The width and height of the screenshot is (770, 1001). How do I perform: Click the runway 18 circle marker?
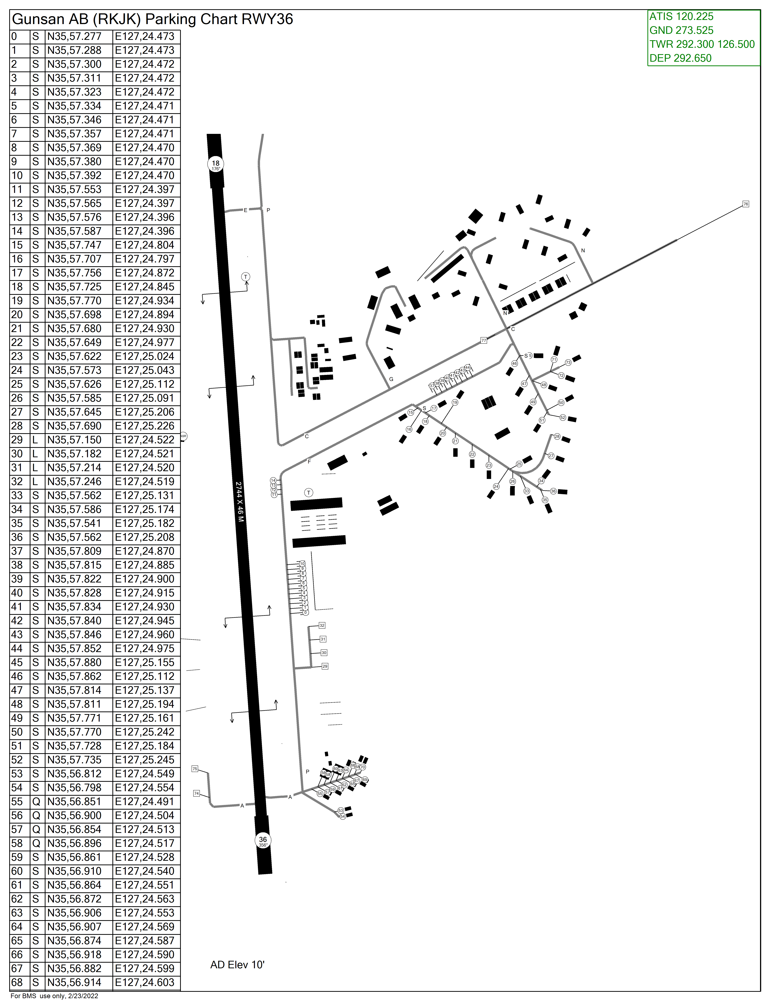(x=215, y=164)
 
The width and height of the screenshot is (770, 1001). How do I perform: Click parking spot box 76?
(x=746, y=204)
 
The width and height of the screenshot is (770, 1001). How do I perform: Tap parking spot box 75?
(x=195, y=769)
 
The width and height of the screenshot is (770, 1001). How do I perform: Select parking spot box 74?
(x=197, y=793)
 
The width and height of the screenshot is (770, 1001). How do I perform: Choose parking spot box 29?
(x=325, y=666)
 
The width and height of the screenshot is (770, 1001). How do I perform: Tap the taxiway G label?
(x=391, y=379)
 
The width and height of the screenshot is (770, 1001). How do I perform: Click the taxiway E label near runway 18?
(x=245, y=210)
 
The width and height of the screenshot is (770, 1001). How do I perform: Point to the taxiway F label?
(x=309, y=462)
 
